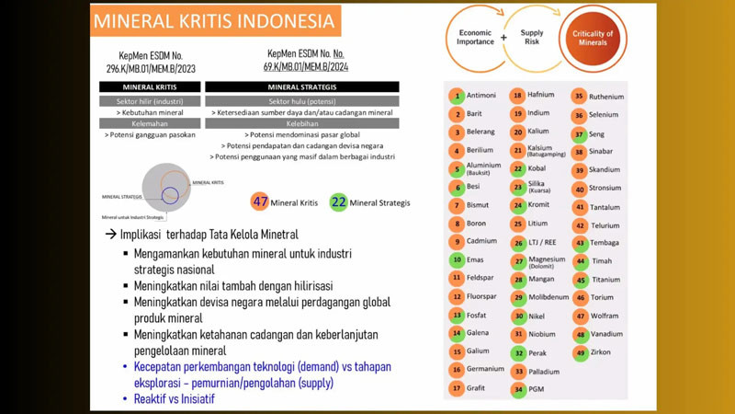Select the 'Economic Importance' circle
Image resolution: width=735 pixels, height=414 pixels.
[474, 37]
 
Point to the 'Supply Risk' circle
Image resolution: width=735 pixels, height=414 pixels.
[532, 38]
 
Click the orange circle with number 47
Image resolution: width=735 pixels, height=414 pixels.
[260, 202]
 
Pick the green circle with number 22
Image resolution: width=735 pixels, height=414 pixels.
[338, 202]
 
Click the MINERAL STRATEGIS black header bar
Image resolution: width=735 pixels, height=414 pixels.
[301, 87]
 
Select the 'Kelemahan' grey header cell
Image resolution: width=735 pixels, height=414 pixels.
[150, 122]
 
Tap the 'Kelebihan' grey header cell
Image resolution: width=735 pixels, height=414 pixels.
[301, 122]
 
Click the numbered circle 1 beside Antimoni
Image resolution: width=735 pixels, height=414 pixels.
[457, 96]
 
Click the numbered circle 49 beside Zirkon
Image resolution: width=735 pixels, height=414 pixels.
[580, 353]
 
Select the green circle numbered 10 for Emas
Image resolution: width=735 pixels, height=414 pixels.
[457, 260]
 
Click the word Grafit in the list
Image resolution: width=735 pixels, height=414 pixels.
[477, 388]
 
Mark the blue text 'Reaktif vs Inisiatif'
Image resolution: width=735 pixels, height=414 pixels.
[175, 399]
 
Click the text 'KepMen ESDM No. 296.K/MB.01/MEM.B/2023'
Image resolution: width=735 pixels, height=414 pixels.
[151, 62]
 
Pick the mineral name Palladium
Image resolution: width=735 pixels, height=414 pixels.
[544, 372]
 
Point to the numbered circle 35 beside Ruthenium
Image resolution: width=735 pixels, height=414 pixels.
[580, 97]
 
